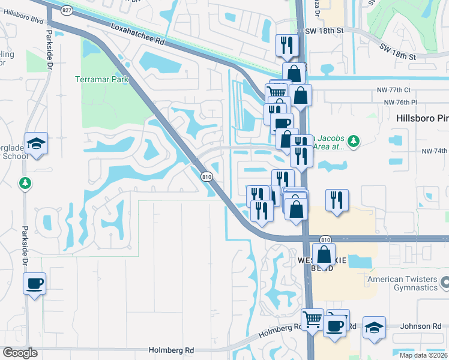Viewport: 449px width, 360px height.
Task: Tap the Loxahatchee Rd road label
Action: pos(137,34)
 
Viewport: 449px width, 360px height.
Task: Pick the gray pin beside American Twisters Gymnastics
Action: pos(445,282)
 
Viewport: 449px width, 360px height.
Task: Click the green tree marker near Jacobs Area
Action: pos(354,141)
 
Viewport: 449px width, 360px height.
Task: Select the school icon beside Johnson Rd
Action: pos(374,327)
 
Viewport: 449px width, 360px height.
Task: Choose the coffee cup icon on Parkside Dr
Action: pos(35,283)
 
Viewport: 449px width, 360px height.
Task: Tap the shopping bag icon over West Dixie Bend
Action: pos(324,254)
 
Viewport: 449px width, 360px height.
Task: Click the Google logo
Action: pos(20,353)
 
